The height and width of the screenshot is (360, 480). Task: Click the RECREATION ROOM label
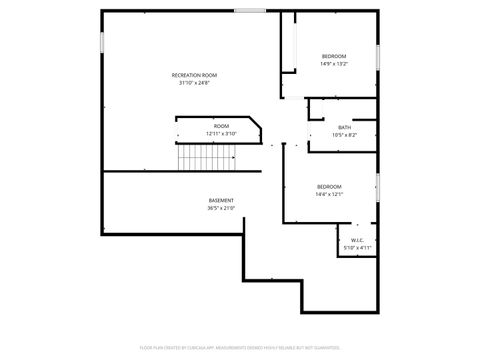(x=194, y=75)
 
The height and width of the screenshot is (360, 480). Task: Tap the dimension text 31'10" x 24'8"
(x=194, y=83)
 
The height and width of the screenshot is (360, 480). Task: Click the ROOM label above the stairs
(x=221, y=126)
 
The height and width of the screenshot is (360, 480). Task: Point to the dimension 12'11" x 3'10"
(x=221, y=134)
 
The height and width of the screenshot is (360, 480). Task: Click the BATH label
(x=344, y=127)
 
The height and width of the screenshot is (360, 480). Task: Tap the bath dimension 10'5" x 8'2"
(x=344, y=135)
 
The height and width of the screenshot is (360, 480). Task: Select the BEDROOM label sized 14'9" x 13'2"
(x=334, y=55)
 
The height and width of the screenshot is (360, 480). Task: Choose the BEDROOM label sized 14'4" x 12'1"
(x=330, y=186)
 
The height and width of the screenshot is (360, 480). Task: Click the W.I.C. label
(x=357, y=240)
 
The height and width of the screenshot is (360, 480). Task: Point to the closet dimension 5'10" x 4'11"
(x=357, y=247)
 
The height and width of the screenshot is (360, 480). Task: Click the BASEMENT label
(x=221, y=200)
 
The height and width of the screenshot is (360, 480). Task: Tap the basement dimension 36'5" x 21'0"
(x=221, y=208)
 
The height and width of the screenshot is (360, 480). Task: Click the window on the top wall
(x=250, y=11)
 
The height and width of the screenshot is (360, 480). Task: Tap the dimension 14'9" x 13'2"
(x=334, y=63)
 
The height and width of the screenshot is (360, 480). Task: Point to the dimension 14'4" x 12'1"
(x=330, y=194)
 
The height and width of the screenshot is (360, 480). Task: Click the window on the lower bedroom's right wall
(x=377, y=186)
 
